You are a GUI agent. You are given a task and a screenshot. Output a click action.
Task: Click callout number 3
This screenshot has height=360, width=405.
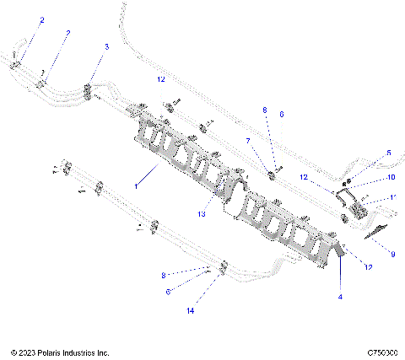point(105,46)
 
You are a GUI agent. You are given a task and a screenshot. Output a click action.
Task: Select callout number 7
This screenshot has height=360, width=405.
point(247,141)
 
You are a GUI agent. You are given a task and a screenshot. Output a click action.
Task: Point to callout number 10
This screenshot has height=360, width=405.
point(391,178)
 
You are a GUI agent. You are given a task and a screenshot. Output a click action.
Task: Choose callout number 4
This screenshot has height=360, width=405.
point(340,296)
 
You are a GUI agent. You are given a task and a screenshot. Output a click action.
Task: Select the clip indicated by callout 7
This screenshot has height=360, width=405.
point(273,175)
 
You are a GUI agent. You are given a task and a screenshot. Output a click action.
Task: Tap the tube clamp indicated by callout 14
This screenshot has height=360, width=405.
point(221,270)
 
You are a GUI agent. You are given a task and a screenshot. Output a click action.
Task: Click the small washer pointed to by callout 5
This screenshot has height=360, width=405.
point(347,180)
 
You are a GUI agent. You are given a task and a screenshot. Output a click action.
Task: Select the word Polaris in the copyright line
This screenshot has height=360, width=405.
point(55,352)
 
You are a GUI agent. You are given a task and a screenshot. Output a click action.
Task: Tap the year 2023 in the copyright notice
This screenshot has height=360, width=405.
point(27,352)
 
